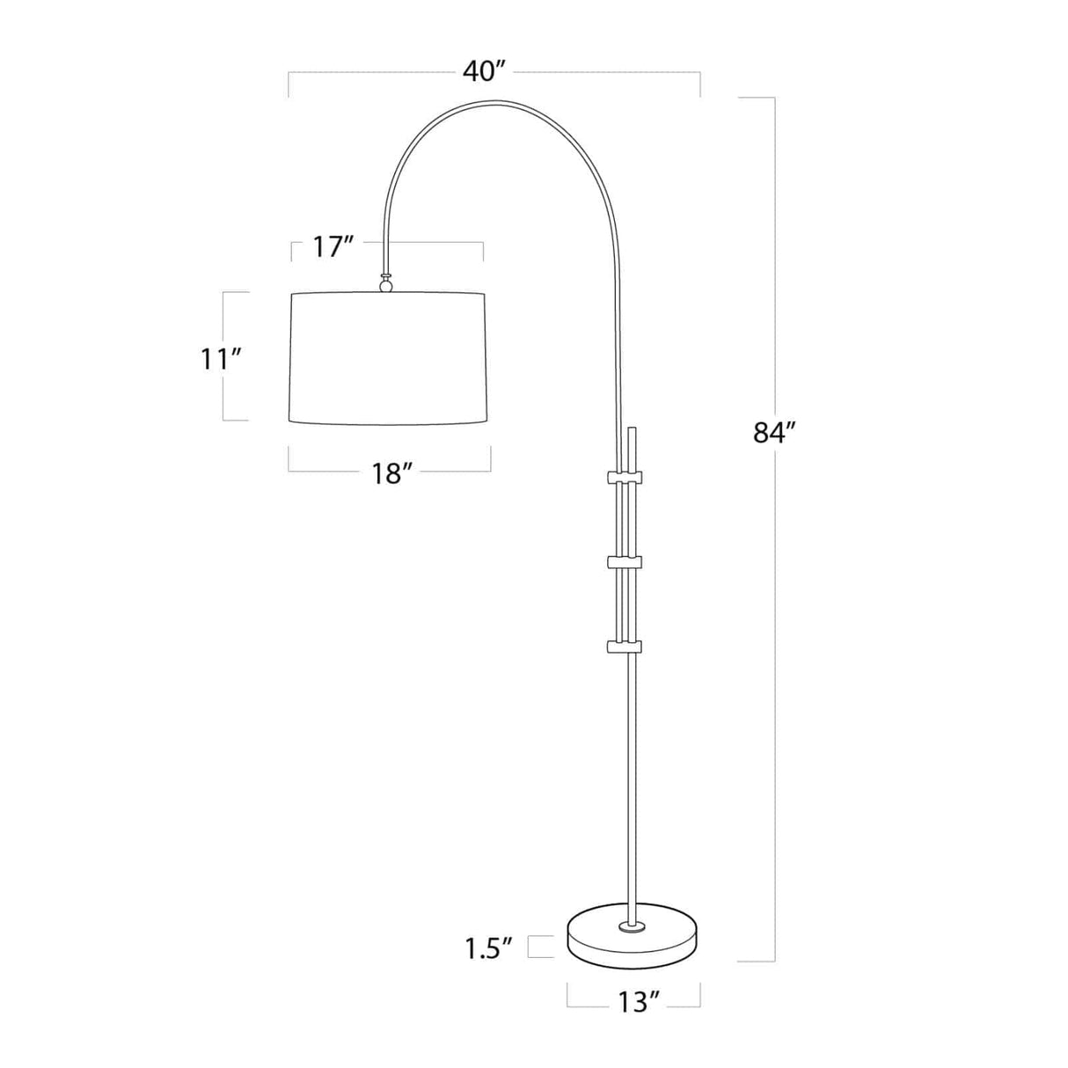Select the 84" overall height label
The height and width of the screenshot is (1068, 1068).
tap(774, 433)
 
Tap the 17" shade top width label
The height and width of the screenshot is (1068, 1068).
tap(333, 247)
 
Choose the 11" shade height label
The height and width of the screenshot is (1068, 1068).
tap(220, 359)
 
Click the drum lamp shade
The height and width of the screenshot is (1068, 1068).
tap(389, 359)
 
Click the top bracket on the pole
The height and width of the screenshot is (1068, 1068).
tap(625, 478)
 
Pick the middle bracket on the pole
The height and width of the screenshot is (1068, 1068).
tap(625, 560)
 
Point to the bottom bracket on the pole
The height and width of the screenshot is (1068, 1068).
tap(625, 647)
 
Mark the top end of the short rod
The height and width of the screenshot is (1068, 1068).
tap(631, 431)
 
